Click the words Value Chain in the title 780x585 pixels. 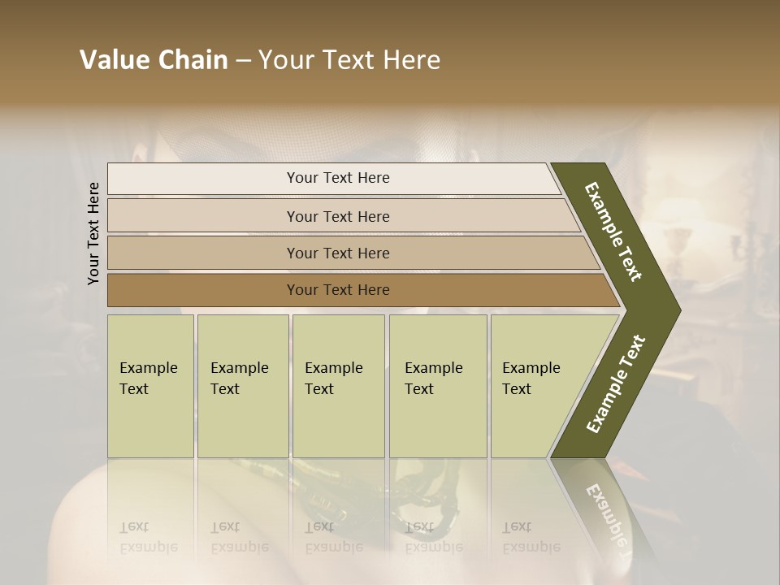click(x=154, y=60)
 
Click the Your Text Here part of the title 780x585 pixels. click(x=349, y=60)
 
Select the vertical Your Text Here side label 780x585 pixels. click(x=93, y=233)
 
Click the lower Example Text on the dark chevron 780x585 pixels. click(x=616, y=384)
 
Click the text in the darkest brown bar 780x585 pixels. click(x=338, y=290)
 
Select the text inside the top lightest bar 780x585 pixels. click(x=338, y=178)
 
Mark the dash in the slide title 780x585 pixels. click(x=243, y=61)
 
